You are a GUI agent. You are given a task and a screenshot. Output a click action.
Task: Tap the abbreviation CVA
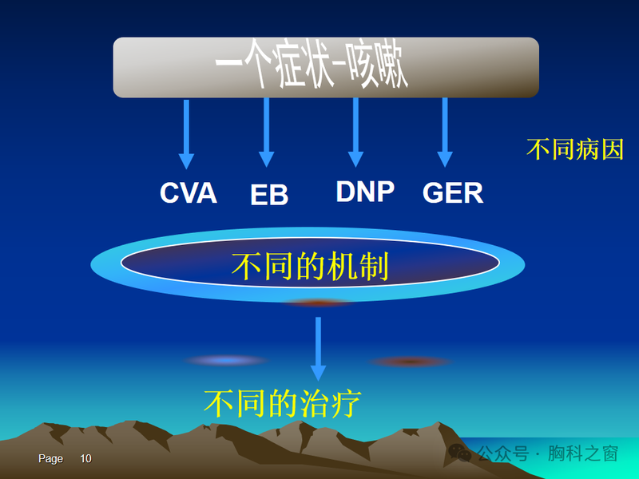[189, 193]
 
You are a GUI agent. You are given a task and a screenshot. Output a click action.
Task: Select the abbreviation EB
[269, 195]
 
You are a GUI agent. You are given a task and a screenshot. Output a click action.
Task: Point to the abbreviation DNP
[365, 192]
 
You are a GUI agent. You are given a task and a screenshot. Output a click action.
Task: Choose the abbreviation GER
[453, 193]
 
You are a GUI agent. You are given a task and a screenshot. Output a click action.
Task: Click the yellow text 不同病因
[575, 149]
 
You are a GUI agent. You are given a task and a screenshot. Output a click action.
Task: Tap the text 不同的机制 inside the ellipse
[310, 266]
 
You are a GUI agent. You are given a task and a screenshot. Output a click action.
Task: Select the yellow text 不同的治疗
[282, 403]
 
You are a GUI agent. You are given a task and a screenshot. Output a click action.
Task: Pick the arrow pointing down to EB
[267, 133]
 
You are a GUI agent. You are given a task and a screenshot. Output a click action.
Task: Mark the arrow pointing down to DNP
[355, 133]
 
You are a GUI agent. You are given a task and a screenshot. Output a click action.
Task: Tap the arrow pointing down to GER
[445, 133]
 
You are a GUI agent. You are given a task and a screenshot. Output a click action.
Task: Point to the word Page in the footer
[50, 459]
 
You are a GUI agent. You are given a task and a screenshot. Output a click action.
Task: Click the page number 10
[85, 459]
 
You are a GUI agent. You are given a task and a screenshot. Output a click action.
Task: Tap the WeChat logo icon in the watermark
[460, 453]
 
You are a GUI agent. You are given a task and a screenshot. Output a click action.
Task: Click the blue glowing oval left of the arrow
[227, 361]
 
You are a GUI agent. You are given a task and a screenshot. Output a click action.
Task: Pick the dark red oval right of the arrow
[411, 362]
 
